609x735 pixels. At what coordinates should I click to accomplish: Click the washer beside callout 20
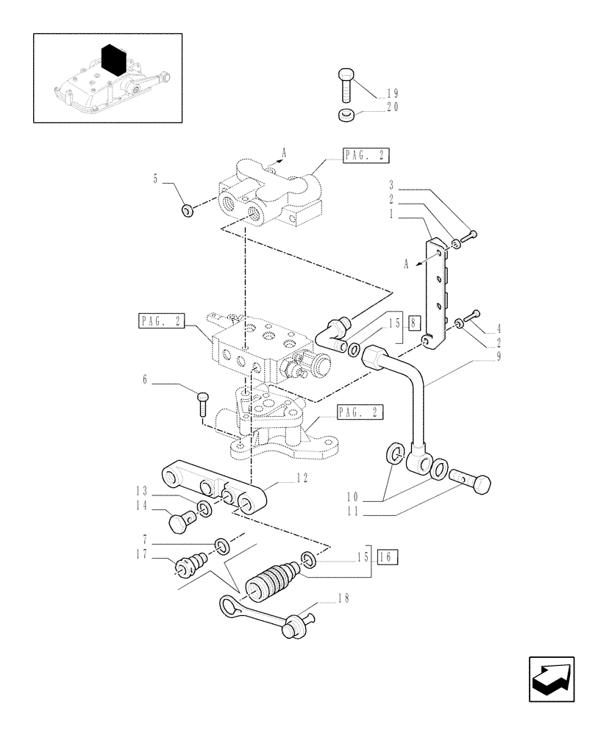click(346, 115)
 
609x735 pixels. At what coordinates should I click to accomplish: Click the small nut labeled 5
click(187, 212)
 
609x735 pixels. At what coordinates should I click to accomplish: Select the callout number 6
click(145, 379)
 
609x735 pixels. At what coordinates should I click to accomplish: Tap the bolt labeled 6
click(202, 402)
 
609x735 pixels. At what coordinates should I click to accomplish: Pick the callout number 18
click(343, 598)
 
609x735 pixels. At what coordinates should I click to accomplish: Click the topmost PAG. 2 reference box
click(365, 155)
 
